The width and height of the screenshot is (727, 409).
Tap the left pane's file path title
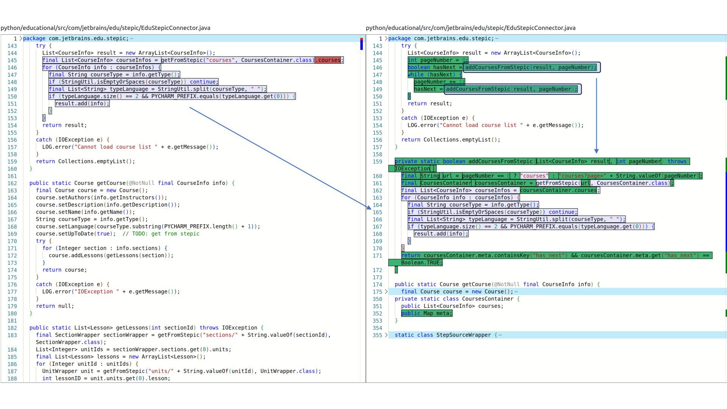pyautogui.click(x=106, y=28)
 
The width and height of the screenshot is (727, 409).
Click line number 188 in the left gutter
pyautogui.click(x=12, y=378)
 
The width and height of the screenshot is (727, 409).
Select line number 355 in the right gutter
pyautogui.click(x=377, y=335)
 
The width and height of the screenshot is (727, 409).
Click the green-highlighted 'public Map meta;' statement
pyautogui.click(x=427, y=313)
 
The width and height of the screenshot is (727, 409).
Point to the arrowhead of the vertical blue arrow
pyautogui.click(x=596, y=151)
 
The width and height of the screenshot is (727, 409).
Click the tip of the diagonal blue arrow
pyautogui.click(x=371, y=209)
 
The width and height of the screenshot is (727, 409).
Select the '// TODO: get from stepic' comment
pyautogui.click(x=161, y=234)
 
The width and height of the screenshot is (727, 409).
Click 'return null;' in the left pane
pyautogui.click(x=58, y=306)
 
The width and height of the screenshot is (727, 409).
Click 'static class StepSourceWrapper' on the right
pyautogui.click(x=443, y=335)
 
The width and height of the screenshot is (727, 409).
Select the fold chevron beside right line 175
pyautogui.click(x=386, y=292)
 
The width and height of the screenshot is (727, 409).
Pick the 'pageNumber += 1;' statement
pyautogui.click(x=439, y=82)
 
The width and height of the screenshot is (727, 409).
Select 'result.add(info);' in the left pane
pyautogui.click(x=82, y=103)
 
